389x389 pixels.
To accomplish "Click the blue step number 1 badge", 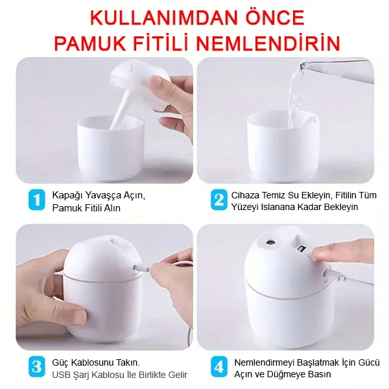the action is pos(37,200).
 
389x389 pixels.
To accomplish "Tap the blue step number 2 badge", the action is pos(219,200).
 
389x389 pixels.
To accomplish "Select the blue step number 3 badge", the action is pos(37,366).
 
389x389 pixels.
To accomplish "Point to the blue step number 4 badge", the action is pos(219,366).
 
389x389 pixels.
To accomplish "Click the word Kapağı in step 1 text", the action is pos(67,196).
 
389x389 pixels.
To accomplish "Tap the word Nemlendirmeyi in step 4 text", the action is pos(264,362).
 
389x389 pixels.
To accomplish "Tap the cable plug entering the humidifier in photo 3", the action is pos(142,268).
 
